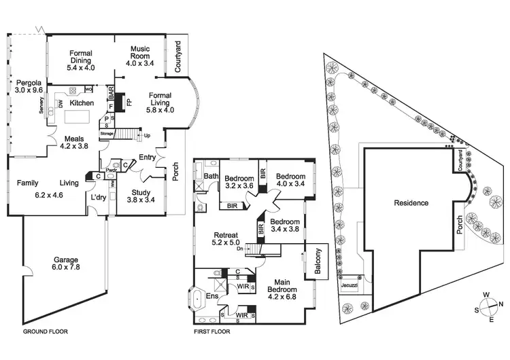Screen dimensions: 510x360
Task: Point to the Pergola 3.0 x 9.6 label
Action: point(29,85)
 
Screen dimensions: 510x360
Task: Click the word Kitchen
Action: point(82,103)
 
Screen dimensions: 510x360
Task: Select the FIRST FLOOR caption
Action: point(213,333)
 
